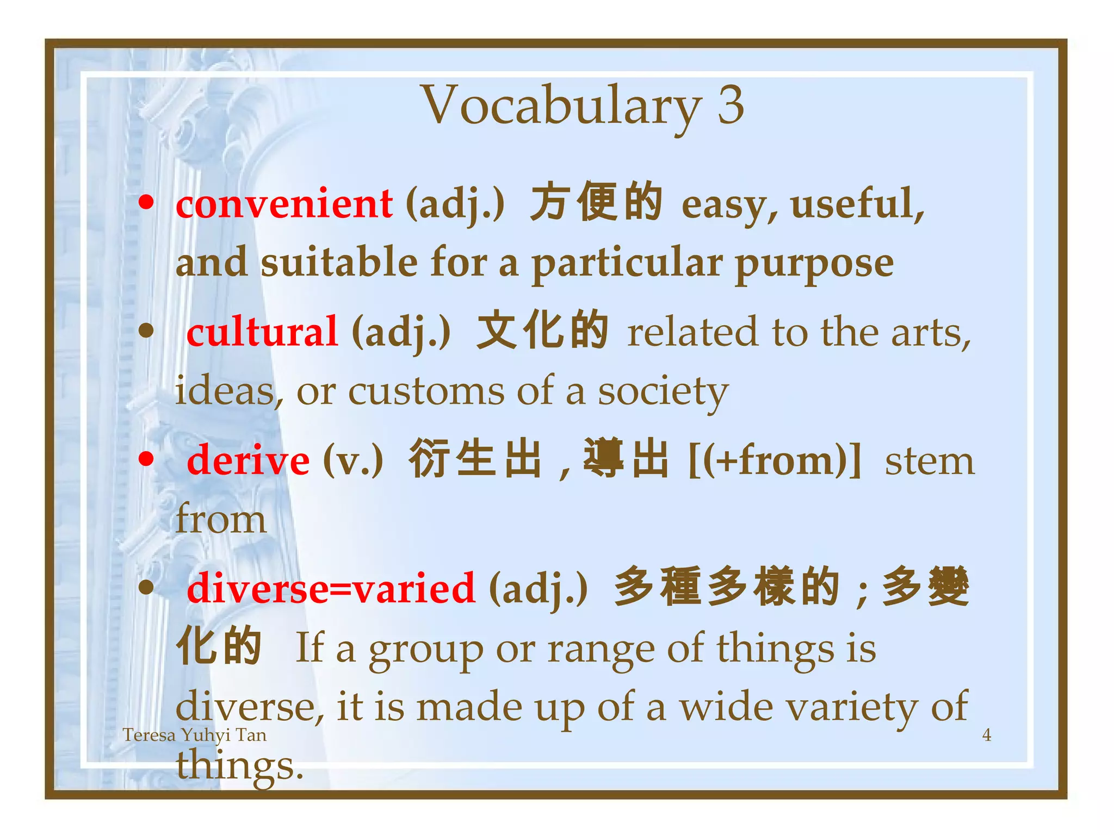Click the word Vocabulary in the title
point(560,106)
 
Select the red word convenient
point(284,204)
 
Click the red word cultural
point(262,332)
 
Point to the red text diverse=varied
point(331,589)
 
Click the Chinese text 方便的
point(596,203)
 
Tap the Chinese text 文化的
point(542,331)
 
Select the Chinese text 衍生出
point(475,459)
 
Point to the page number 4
point(987,735)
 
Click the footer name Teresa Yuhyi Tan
point(194,735)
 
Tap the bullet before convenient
point(146,203)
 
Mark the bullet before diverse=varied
point(146,587)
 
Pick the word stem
point(929,462)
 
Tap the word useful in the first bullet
point(857,204)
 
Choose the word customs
point(426,391)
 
